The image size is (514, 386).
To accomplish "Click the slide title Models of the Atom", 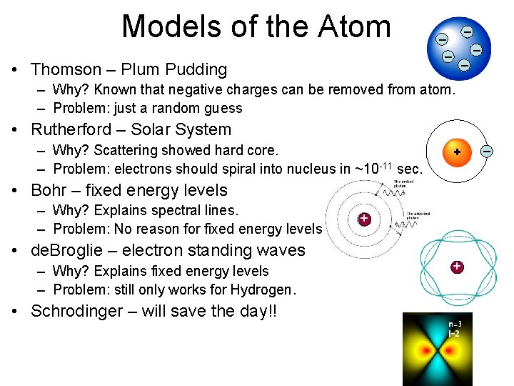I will tap(256, 27).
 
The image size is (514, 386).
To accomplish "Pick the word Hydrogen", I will tap(262, 289).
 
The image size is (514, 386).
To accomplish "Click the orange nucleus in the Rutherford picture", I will tap(456, 152).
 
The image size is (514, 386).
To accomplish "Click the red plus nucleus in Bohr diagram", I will tap(364, 218).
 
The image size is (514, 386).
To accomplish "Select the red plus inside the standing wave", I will tap(456, 267).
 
